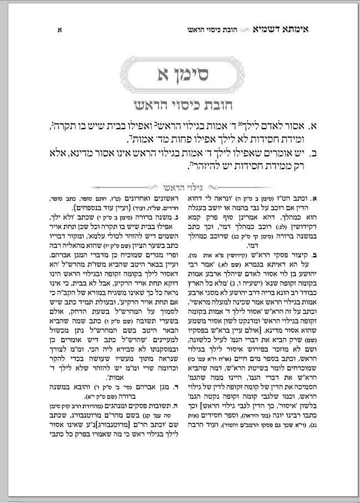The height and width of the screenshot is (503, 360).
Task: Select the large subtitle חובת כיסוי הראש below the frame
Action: pyautogui.click(x=180, y=106)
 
